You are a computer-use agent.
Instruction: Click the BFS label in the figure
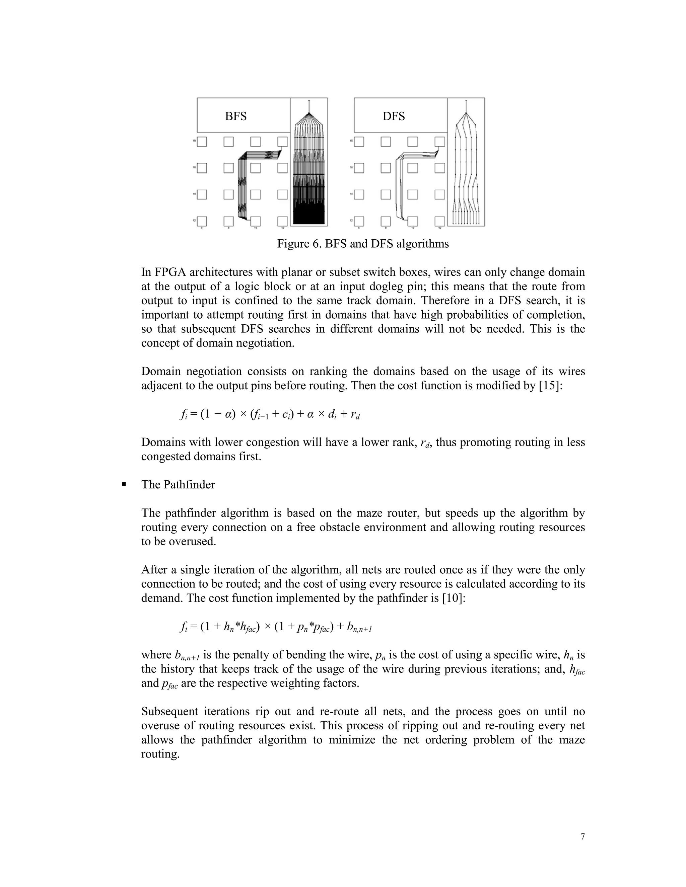[236, 116]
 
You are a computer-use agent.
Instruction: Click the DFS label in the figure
[393, 116]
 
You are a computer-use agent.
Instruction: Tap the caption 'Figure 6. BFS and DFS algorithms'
[363, 244]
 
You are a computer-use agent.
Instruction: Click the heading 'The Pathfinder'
[178, 485]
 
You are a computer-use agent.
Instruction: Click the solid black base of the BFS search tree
[309, 215]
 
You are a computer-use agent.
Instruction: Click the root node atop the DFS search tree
[466, 101]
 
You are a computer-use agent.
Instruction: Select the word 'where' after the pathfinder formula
[156, 655]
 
